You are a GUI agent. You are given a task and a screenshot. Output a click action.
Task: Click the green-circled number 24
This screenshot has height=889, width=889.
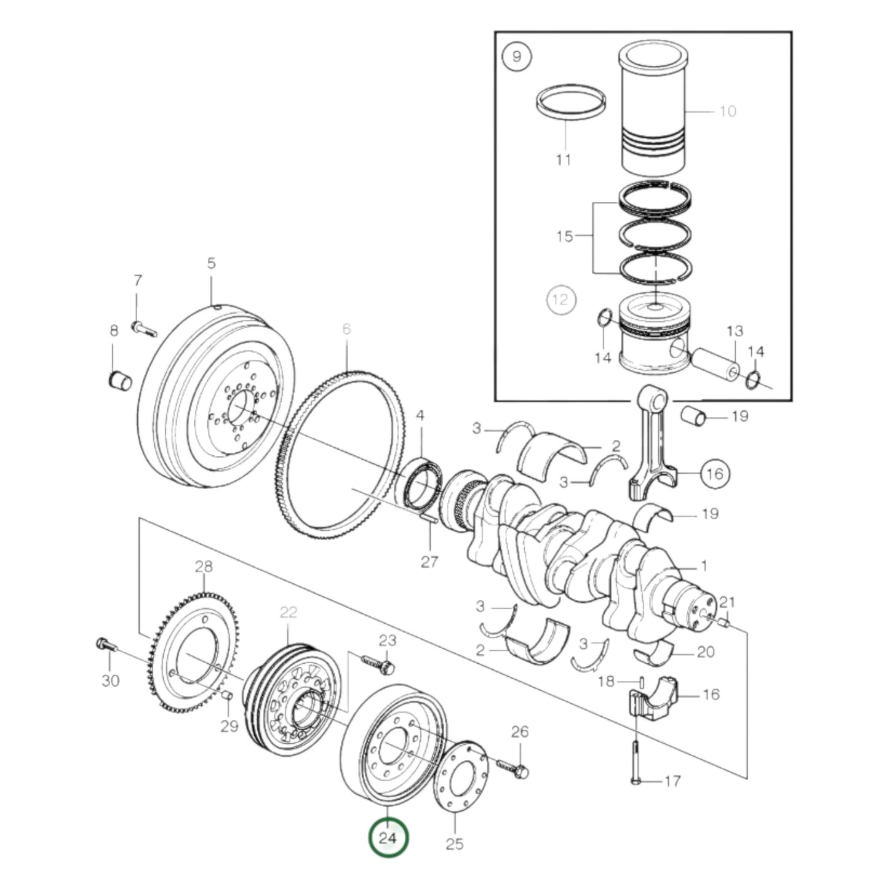(388, 837)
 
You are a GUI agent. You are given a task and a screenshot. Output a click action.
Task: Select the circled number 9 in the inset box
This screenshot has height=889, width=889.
(516, 57)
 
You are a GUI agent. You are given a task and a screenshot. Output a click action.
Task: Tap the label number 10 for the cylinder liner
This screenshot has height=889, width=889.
(727, 111)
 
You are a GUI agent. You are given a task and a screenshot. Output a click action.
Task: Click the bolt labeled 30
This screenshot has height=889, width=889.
(106, 645)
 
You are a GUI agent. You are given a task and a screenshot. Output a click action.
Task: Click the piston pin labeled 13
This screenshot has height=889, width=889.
(714, 364)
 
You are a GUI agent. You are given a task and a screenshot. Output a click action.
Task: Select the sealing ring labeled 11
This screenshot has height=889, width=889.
(570, 102)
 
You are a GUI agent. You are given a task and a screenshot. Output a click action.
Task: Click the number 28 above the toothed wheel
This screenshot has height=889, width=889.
(204, 566)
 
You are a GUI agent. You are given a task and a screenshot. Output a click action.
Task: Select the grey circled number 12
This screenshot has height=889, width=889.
(560, 300)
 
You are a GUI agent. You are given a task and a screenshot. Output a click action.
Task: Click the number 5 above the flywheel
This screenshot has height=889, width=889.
(211, 263)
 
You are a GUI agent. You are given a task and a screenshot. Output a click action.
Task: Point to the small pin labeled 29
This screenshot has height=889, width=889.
(226, 695)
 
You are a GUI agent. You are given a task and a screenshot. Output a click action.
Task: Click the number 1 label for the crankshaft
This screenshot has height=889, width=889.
(704, 566)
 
